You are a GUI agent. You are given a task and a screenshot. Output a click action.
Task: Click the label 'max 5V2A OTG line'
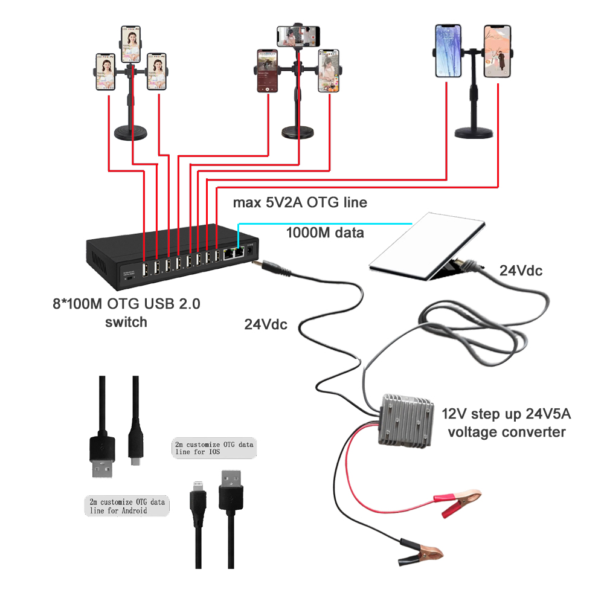[x=300, y=202]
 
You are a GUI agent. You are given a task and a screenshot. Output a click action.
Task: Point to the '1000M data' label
[x=324, y=232]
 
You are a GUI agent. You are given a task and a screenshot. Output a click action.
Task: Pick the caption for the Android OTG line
[x=126, y=506]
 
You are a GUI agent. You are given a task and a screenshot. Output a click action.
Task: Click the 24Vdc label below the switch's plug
[x=266, y=324]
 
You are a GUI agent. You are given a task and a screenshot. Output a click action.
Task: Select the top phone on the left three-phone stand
[x=130, y=43]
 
